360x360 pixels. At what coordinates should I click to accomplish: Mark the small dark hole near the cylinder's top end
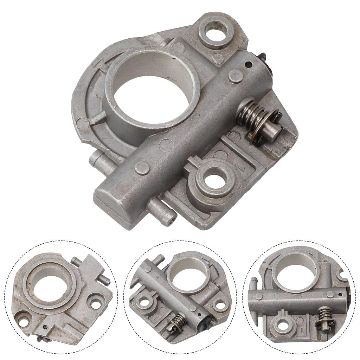click(248, 64)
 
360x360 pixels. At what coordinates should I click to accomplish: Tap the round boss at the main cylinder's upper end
click(236, 76)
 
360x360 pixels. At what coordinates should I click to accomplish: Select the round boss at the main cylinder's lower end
click(142, 168)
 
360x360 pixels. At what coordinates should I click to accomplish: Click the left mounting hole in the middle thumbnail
click(144, 302)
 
